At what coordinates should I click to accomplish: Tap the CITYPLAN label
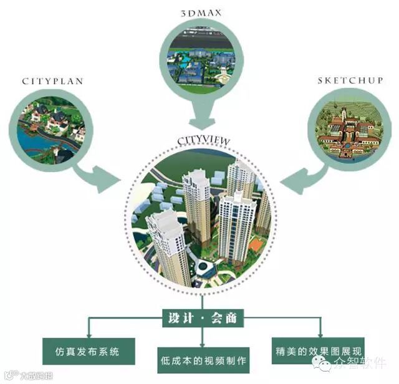click(x=52, y=81)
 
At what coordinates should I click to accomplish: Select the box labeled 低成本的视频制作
click(x=201, y=360)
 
